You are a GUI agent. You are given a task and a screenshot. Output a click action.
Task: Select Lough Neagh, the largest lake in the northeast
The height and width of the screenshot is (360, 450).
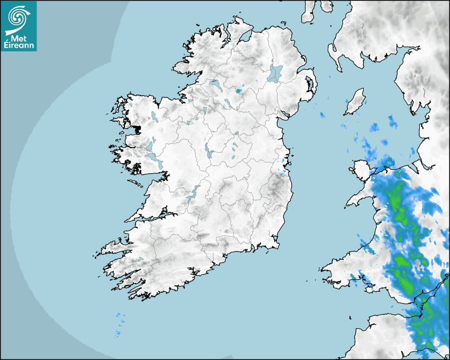tap(275, 73)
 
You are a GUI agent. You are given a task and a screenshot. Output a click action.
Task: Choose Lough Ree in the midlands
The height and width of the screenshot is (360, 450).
tap(208, 150)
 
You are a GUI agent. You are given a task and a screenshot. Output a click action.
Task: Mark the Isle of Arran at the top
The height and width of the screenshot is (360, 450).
tap(308, 12)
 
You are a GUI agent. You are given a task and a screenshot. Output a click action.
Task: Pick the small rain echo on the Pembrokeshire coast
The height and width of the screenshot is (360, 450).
tap(352, 276)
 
